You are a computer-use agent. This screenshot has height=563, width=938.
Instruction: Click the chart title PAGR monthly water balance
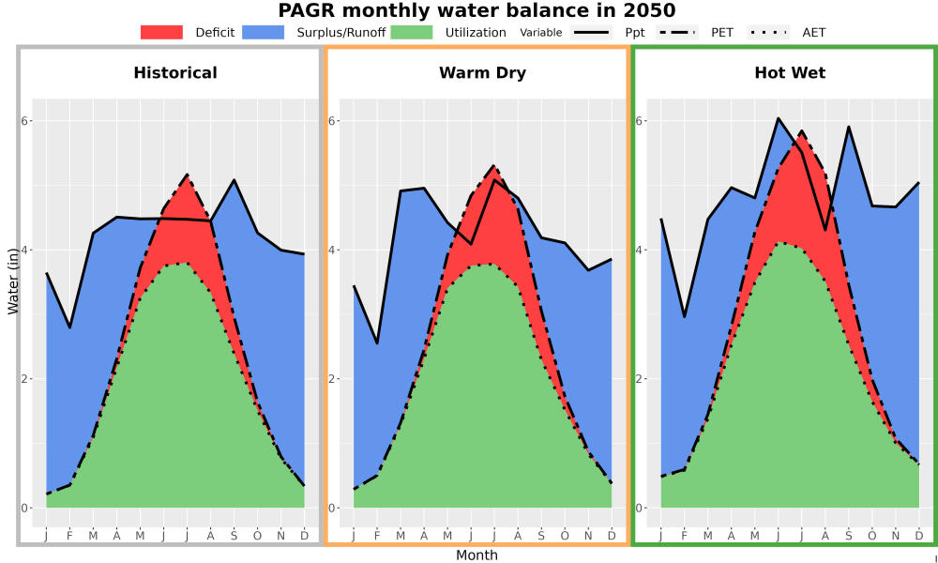click(477, 10)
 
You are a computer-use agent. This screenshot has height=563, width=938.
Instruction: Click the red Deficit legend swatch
click(161, 32)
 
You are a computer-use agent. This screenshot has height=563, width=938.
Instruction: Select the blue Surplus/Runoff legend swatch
click(264, 32)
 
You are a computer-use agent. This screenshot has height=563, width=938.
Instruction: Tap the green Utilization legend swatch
click(412, 32)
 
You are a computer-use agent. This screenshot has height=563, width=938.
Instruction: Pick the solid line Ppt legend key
click(591, 32)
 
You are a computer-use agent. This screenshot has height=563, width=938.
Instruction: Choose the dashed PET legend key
click(677, 32)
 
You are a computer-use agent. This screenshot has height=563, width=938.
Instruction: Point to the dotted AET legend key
click(769, 32)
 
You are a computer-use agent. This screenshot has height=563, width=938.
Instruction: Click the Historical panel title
click(175, 73)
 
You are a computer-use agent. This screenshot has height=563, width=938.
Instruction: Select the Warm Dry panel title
click(483, 73)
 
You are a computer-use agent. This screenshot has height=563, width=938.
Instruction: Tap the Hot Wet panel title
click(790, 73)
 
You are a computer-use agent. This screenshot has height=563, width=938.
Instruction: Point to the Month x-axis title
click(477, 555)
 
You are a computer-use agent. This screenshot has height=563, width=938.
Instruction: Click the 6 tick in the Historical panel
click(25, 121)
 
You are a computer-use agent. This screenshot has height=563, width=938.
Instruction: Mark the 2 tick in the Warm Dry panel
click(333, 379)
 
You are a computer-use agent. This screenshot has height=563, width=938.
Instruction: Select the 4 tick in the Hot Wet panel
click(640, 251)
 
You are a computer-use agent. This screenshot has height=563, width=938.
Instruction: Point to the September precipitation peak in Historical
click(234, 179)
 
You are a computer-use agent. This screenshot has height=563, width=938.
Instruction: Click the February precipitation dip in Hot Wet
click(685, 317)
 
